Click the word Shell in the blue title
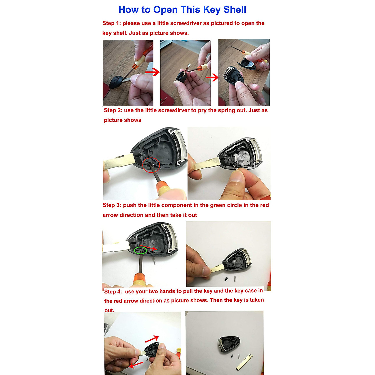coord(235,10)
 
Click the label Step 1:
coord(112,23)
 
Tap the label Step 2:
coord(113,110)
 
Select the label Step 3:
coord(112,205)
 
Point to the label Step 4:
coord(113,291)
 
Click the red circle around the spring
coord(151,165)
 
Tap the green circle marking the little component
coord(141,250)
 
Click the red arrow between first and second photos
coord(152,72)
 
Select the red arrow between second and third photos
coord(212,77)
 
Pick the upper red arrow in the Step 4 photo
coord(152,339)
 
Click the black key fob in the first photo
coord(116,82)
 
